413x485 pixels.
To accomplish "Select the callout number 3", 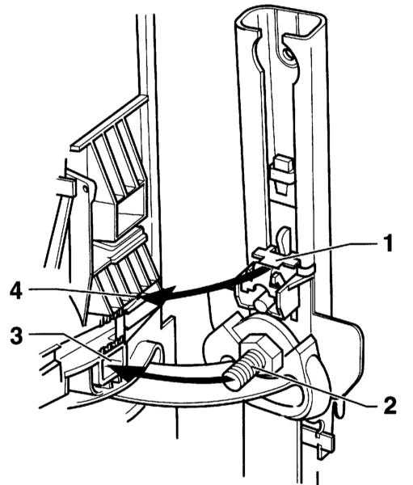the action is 16,335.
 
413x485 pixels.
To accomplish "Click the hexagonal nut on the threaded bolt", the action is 261,348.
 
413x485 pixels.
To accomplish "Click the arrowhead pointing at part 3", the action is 124,371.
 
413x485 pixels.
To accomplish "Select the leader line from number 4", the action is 82,293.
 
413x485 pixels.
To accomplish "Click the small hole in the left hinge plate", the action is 84,188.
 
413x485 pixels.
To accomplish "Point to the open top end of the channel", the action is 280,23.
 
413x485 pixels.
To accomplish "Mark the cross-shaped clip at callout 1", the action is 276,257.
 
